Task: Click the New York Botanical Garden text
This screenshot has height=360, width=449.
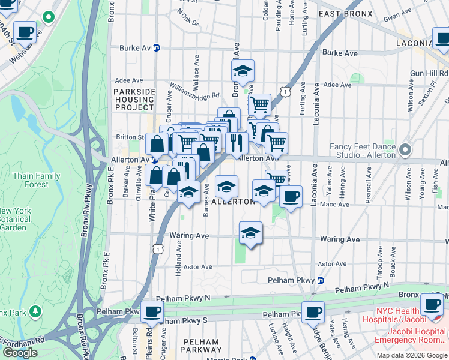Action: tap(14, 219)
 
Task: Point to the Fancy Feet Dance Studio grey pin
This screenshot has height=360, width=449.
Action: tap(405, 149)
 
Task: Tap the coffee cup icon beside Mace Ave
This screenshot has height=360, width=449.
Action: tap(291, 196)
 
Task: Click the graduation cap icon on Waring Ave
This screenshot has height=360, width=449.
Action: tap(250, 233)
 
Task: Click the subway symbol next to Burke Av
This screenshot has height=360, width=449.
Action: tap(157, 48)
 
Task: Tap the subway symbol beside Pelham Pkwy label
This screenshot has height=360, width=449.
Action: tap(321, 280)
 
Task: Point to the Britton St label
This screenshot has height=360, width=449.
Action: tap(130, 137)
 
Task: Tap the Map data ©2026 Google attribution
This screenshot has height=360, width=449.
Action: tap(412, 355)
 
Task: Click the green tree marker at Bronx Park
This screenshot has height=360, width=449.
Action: tap(35, 311)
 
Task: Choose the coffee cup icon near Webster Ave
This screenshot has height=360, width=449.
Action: tap(25, 32)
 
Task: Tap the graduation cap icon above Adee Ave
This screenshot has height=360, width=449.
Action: tap(243, 70)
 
